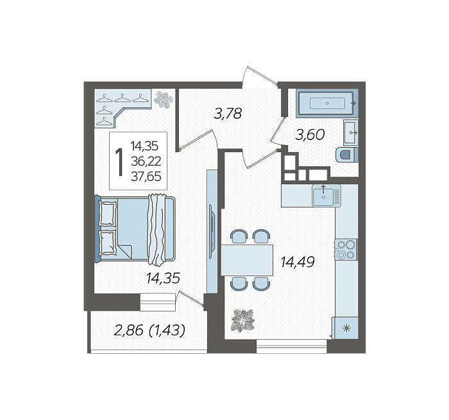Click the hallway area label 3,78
pyautogui.click(x=228, y=114)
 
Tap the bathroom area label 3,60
pyautogui.click(x=310, y=134)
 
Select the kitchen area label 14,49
pyautogui.click(x=298, y=262)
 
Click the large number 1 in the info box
pyautogui.click(x=119, y=162)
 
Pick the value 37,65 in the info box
pyautogui.click(x=146, y=177)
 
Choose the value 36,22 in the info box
pyautogui.click(x=146, y=161)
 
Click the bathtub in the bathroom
pyautogui.click(x=327, y=103)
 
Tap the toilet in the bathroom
pyautogui.click(x=347, y=155)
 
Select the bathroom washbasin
pyautogui.click(x=351, y=132)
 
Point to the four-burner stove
pyautogui.click(x=346, y=249)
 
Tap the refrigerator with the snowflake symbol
pyautogui.click(x=345, y=328)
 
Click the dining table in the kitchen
pyautogui.click(x=247, y=260)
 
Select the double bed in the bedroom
pyautogui.click(x=135, y=228)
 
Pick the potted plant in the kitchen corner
pyautogui.click(x=244, y=320)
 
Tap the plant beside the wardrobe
pyautogui.click(x=163, y=100)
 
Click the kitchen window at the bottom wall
pyautogui.click(x=291, y=346)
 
